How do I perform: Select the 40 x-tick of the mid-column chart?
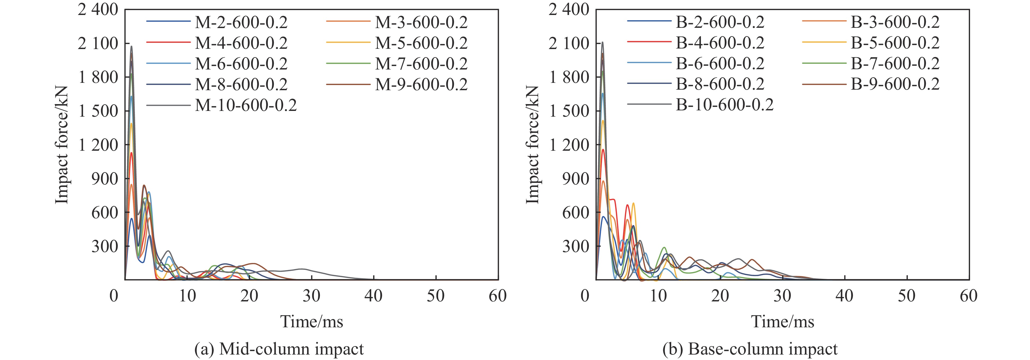click(x=374, y=296)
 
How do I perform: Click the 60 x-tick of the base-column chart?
click(x=968, y=296)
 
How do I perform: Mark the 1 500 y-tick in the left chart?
click(x=98, y=111)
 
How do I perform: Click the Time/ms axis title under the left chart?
click(x=311, y=322)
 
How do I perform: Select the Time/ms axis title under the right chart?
click(x=783, y=322)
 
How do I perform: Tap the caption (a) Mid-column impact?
click(x=279, y=349)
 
